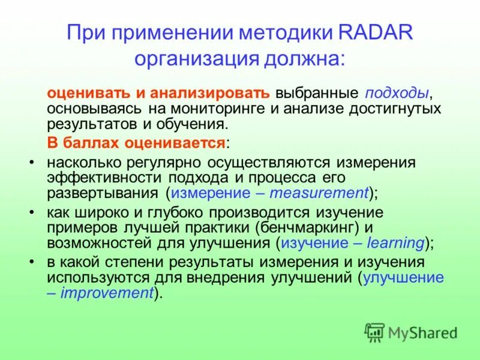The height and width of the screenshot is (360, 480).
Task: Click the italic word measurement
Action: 319,193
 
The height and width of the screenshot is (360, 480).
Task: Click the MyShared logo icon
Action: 374,332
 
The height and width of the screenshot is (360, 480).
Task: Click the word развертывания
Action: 102,193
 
